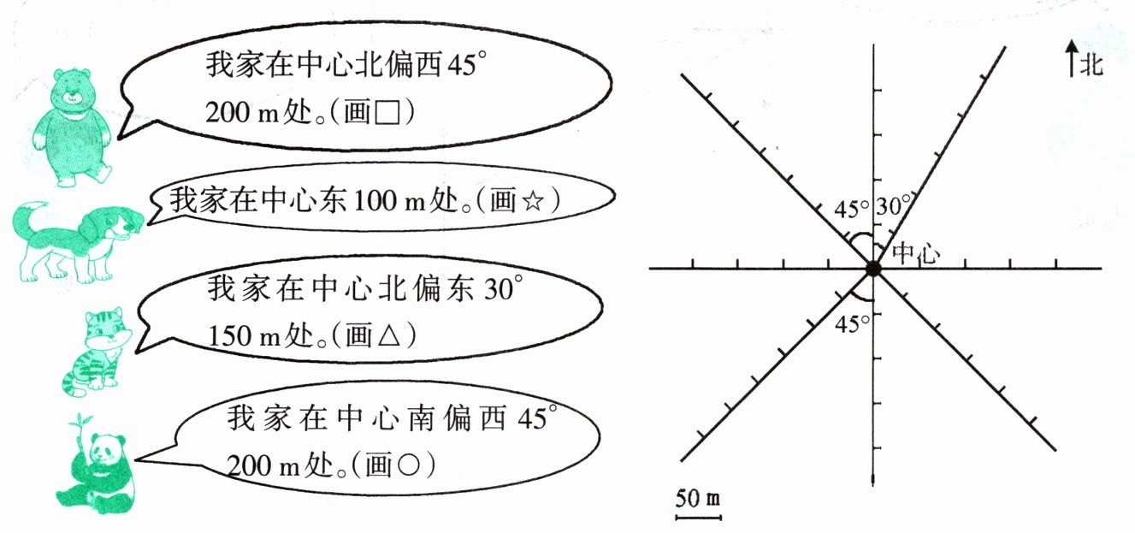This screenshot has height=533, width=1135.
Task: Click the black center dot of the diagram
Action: pos(872,269)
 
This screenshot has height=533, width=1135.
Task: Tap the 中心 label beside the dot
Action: pos(916,253)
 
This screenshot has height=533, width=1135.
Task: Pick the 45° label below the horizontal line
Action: pos(853,324)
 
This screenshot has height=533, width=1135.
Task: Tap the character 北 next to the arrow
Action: pos(1091,64)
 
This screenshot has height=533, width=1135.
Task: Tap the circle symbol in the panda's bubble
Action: pos(410,466)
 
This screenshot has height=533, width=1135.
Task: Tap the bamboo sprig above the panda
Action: pos(83,423)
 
